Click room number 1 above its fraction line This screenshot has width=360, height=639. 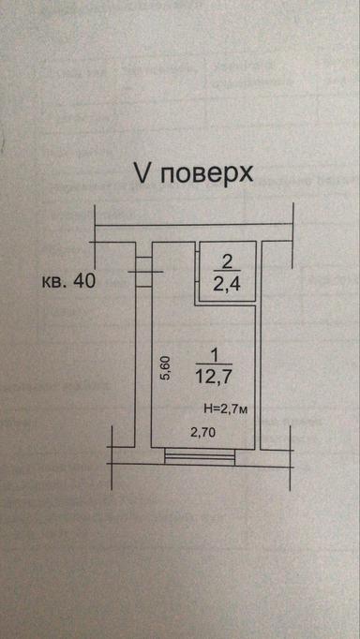(x=215, y=355)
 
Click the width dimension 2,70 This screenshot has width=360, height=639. (x=203, y=432)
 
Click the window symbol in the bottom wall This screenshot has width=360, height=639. (x=200, y=456)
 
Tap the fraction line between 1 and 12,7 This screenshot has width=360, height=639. (x=215, y=365)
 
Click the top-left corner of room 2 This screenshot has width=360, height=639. (x=200, y=245)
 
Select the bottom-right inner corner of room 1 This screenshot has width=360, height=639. (x=259, y=447)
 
